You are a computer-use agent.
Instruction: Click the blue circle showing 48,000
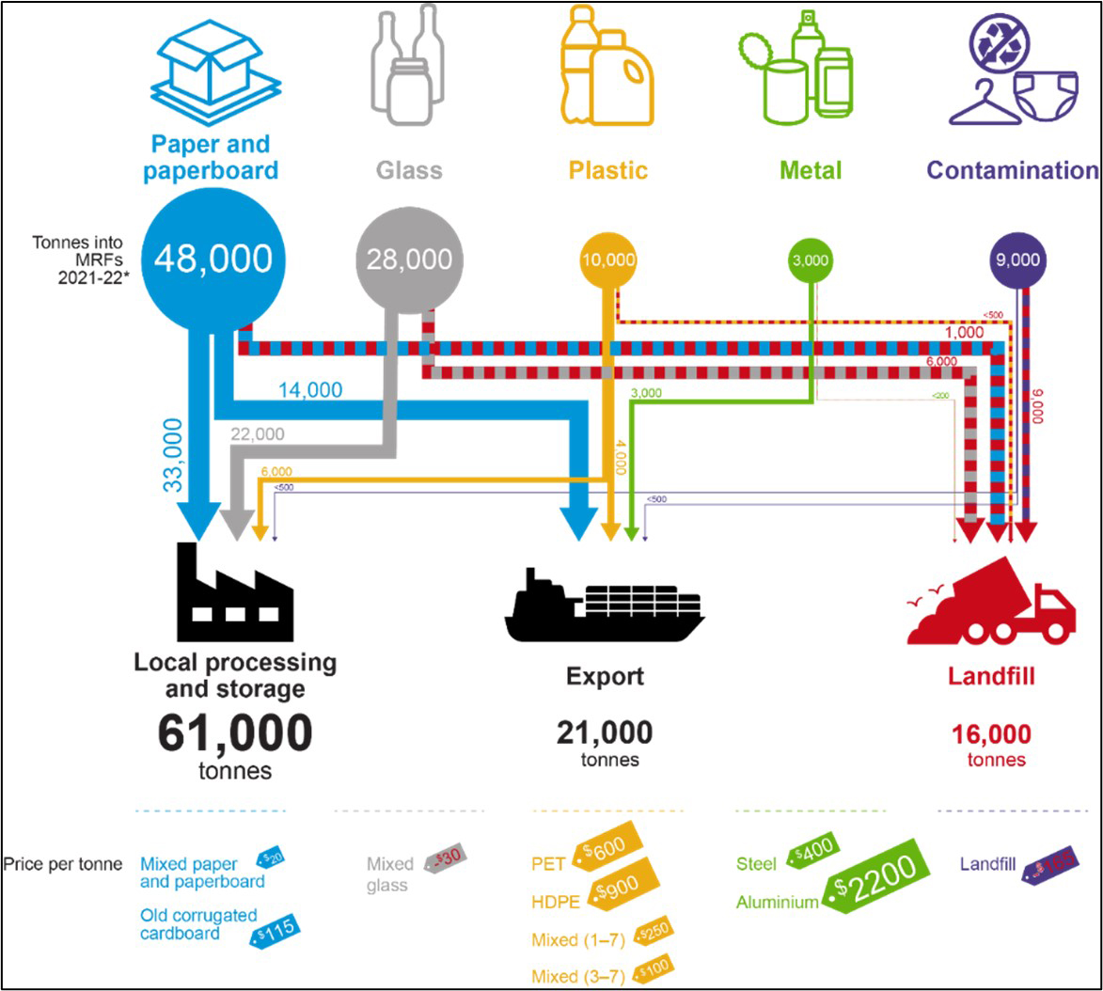[214, 258]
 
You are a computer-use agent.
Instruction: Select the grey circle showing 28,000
[410, 260]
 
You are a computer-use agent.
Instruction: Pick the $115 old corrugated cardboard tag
[274, 931]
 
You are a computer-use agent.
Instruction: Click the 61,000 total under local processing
[234, 734]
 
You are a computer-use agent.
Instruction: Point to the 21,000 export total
[604, 732]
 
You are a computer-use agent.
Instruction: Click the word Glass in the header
[409, 170]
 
